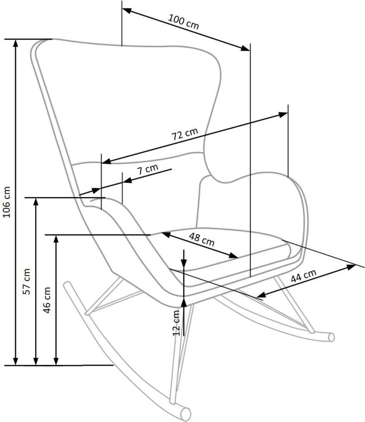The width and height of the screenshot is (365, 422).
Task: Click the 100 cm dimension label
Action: [183, 22]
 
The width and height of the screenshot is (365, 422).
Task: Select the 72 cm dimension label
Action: [185, 135]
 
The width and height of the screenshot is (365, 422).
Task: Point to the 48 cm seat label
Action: [201, 239]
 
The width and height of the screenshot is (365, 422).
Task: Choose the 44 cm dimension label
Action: [304, 276]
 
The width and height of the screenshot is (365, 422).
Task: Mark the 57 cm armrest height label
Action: [27, 281]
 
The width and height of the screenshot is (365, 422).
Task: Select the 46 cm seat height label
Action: [47, 300]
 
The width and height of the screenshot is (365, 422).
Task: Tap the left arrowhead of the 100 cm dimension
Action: [127, 11]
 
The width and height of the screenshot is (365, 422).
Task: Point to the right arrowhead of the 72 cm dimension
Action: [283, 115]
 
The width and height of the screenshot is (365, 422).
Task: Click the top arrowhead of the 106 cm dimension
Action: [16, 44]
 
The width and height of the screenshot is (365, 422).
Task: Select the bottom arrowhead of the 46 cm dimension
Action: [56, 361]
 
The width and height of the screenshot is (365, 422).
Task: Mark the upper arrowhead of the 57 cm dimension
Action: [36, 202]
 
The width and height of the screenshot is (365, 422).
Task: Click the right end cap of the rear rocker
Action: [332, 337]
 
